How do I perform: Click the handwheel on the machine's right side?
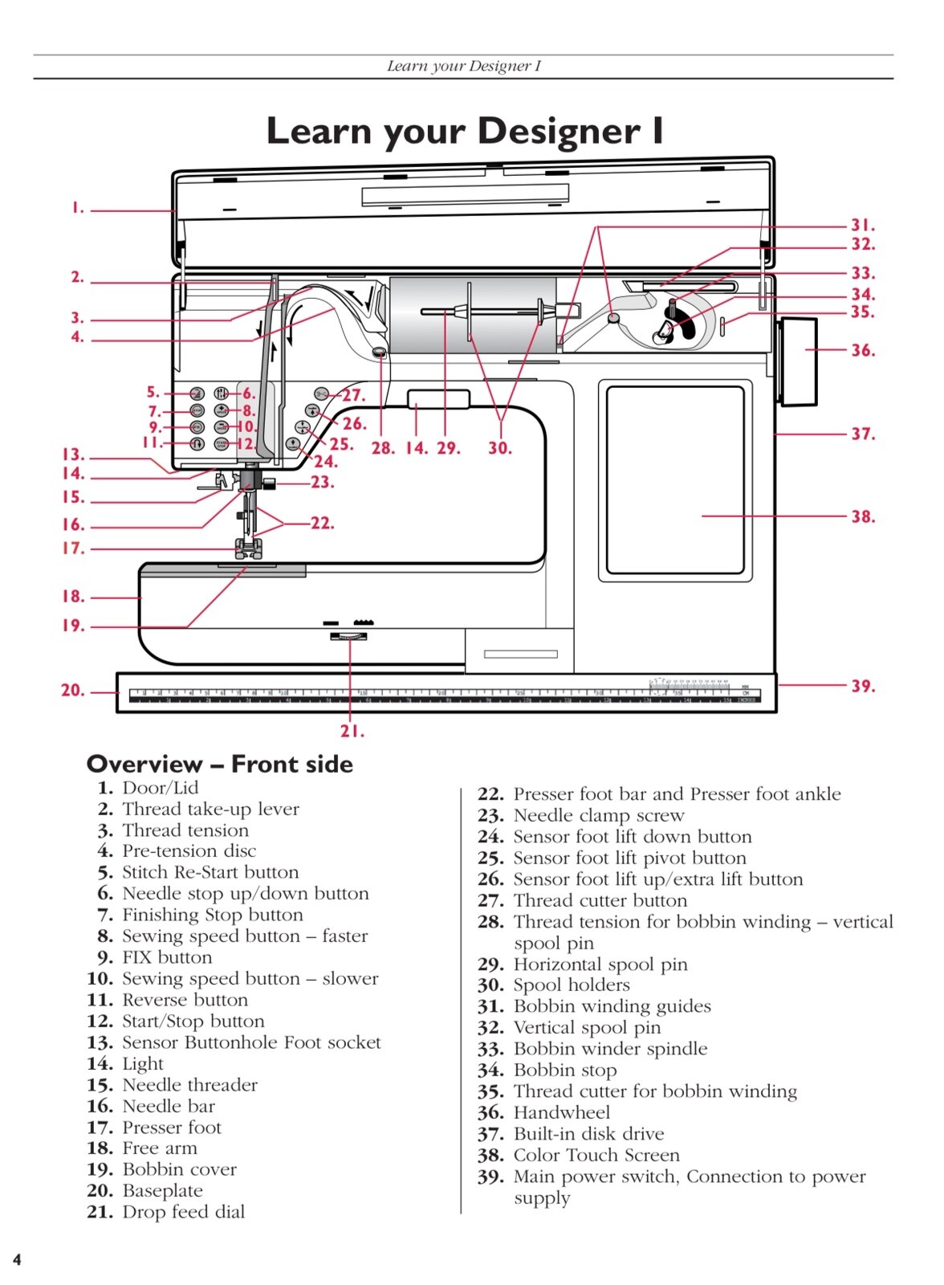coord(795,361)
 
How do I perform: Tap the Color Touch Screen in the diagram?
coord(675,480)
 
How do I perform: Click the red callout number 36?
coord(863,350)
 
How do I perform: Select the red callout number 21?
coord(352,731)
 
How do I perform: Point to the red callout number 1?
coord(77,208)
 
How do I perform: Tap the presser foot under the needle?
coord(248,549)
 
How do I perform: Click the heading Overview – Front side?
coord(220,764)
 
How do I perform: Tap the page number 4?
coord(17,1259)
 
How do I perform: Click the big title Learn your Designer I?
coord(465,131)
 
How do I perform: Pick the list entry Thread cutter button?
coord(600,900)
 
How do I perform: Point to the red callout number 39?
coord(863,686)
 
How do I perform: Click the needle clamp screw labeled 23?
coord(270,483)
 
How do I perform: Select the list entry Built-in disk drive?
coord(588,1134)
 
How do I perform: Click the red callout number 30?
coord(499,448)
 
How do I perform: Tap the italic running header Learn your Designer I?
coord(464,66)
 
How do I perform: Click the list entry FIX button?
coord(167,957)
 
